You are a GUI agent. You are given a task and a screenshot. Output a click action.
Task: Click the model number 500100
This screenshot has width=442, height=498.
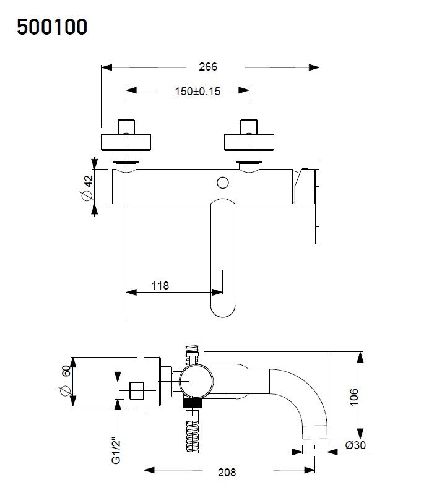[x=52, y=27]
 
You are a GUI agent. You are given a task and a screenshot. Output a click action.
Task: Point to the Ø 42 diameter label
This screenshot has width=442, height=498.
[x=87, y=186]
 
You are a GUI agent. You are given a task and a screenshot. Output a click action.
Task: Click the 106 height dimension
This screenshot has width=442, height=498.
[x=353, y=397]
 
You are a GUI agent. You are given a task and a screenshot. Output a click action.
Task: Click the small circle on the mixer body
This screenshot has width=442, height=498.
[x=223, y=182]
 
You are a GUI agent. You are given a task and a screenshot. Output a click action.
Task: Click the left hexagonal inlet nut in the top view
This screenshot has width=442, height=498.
[x=126, y=126]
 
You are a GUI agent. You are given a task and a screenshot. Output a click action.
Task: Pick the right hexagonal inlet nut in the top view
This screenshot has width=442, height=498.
[x=249, y=126]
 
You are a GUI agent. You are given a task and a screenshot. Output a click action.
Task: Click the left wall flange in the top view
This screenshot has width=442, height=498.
[x=126, y=142]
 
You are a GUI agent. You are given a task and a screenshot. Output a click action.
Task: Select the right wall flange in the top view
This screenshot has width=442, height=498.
[x=249, y=142]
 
